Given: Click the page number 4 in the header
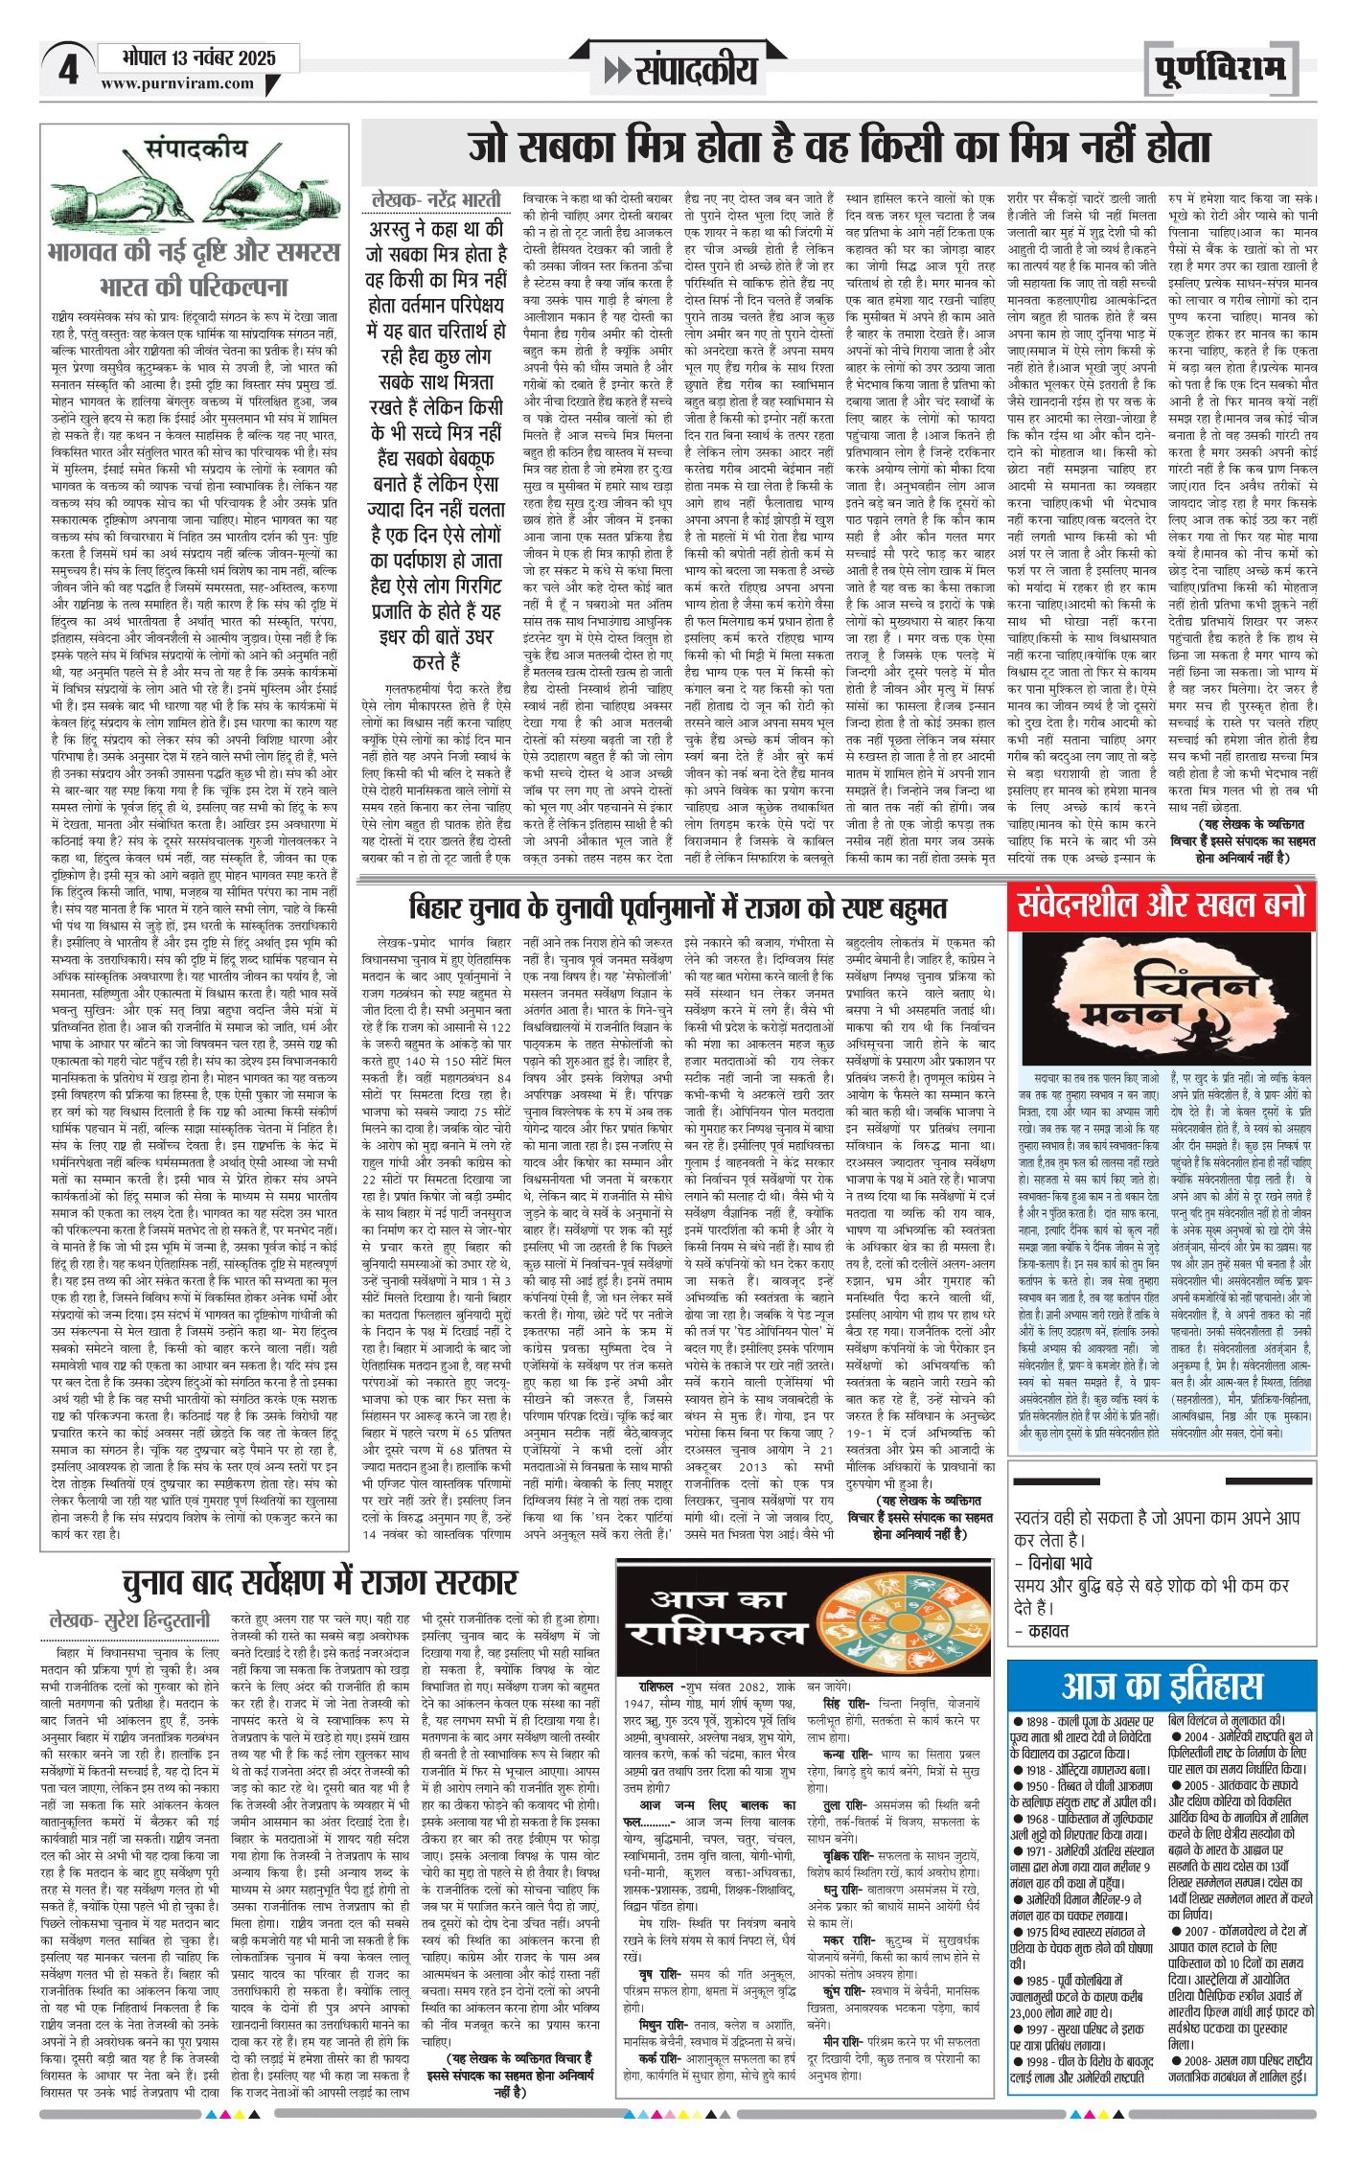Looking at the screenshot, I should point(67,70).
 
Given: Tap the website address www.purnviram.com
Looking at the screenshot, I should point(177,83).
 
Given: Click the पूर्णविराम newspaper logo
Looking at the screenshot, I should point(1220,70).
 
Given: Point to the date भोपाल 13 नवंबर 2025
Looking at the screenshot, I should point(199,57).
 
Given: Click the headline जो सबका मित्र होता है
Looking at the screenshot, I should point(840,148).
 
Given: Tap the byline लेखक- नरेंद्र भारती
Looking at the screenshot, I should point(436,200).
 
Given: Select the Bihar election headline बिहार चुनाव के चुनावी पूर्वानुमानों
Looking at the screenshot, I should point(678,906).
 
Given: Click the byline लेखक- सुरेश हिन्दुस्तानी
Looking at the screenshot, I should point(129,1620).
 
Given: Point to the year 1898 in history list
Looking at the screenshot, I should point(1037,1721).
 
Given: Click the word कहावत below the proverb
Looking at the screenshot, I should point(1048,1630).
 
